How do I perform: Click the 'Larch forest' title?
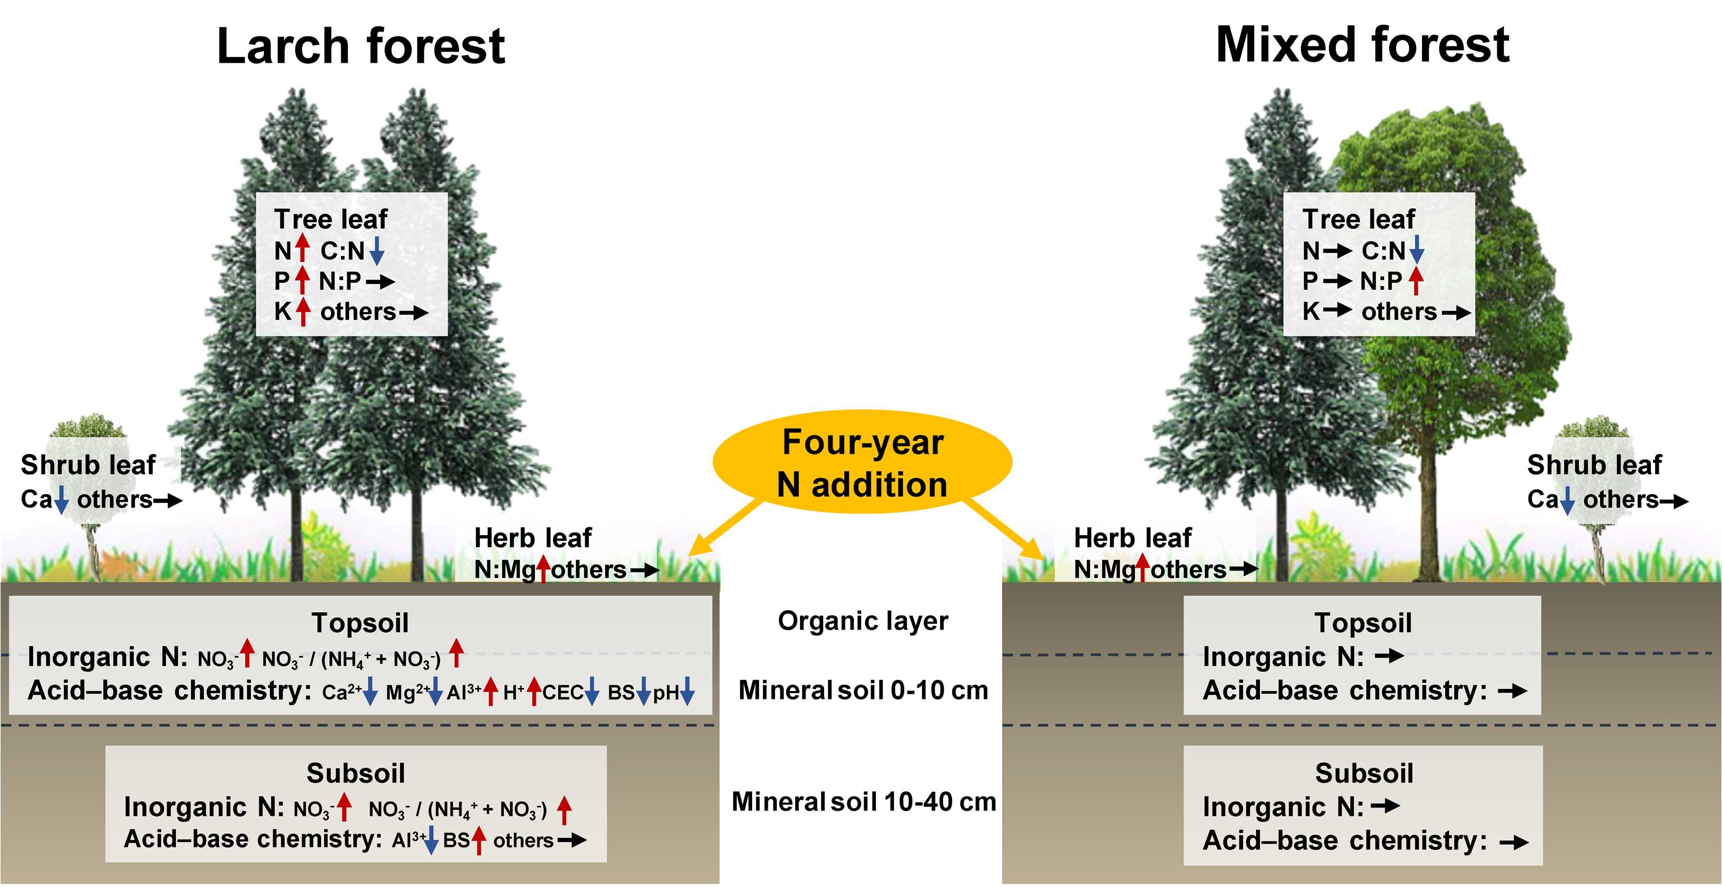click(361, 47)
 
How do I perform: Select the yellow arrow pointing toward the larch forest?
click(725, 528)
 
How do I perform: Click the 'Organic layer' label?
click(863, 622)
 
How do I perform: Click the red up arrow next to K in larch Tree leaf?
click(303, 312)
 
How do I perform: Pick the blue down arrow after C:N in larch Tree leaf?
click(376, 251)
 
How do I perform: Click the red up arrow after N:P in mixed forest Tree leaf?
click(1415, 281)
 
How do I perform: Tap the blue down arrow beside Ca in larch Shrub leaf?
click(61, 500)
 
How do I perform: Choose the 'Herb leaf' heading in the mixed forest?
click(1133, 538)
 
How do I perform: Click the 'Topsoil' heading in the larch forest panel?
click(359, 623)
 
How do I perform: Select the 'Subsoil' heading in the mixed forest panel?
click(1364, 773)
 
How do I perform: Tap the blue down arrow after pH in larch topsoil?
click(687, 692)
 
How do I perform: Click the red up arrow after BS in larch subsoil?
click(478, 840)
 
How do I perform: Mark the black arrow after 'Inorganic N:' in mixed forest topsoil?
click(1389, 657)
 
